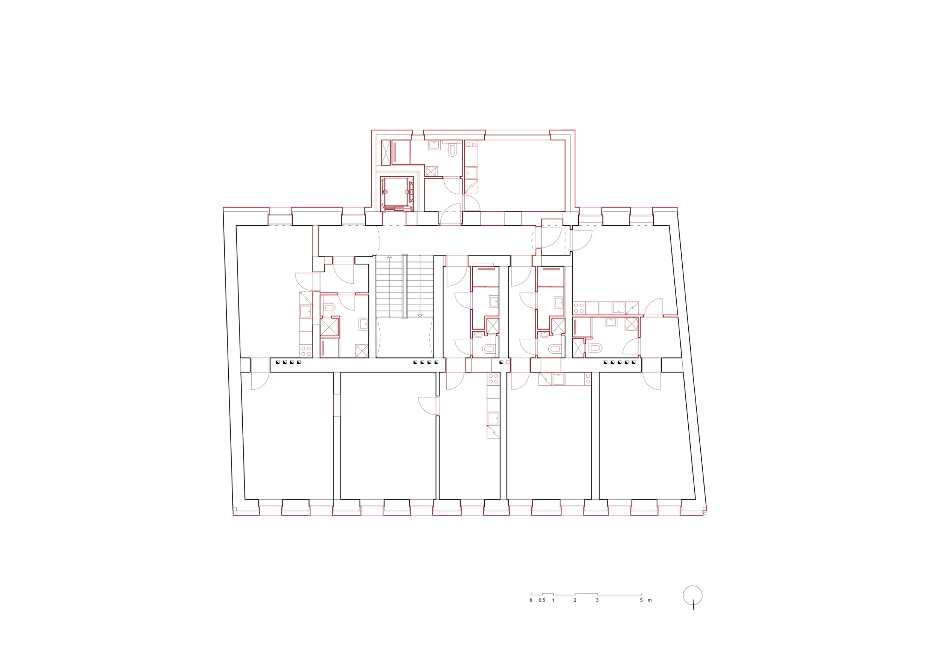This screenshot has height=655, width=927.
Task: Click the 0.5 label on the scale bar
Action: pos(542,600)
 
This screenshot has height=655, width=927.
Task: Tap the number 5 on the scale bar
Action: pos(641,600)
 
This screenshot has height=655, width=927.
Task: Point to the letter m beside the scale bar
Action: pos(649,601)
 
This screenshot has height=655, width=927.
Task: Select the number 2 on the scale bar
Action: pos(575,600)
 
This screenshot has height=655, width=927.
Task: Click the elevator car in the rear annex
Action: pos(397,193)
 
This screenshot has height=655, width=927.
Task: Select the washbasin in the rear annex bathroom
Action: pos(434,145)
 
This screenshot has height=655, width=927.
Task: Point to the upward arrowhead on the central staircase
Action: pos(390,257)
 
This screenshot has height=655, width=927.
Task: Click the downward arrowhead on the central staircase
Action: pos(420,315)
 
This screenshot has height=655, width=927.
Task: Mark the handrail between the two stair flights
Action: pos(405,286)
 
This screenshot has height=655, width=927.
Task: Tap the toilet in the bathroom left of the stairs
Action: pos(329,308)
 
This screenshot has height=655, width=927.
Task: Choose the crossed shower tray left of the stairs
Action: pos(329,327)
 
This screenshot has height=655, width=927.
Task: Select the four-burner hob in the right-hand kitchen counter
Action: pos(579,309)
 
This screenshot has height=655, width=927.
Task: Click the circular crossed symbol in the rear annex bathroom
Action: pos(431,171)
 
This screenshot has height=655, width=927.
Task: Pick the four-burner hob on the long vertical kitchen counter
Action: pos(493,378)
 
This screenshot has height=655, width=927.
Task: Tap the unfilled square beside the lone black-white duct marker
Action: pos(508,362)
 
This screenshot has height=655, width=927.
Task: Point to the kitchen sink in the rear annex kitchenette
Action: pos(471,173)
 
